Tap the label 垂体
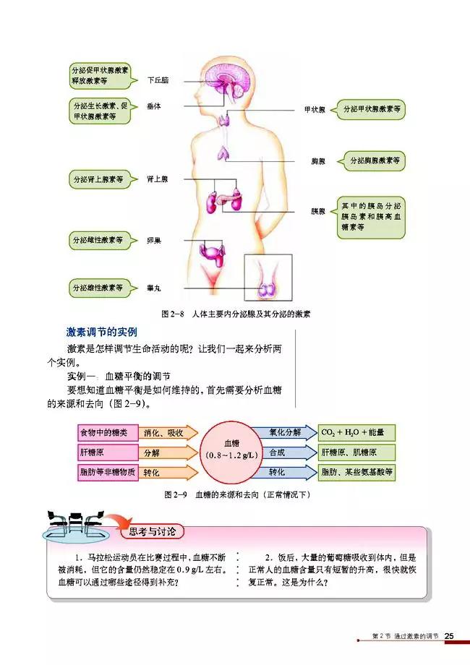(x=153, y=106)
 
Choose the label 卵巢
(x=153, y=239)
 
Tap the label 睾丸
(x=153, y=287)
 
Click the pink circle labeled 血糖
(x=231, y=455)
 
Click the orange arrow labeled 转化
(x=162, y=473)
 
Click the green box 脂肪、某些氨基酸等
(x=356, y=472)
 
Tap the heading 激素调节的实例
(x=101, y=332)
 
